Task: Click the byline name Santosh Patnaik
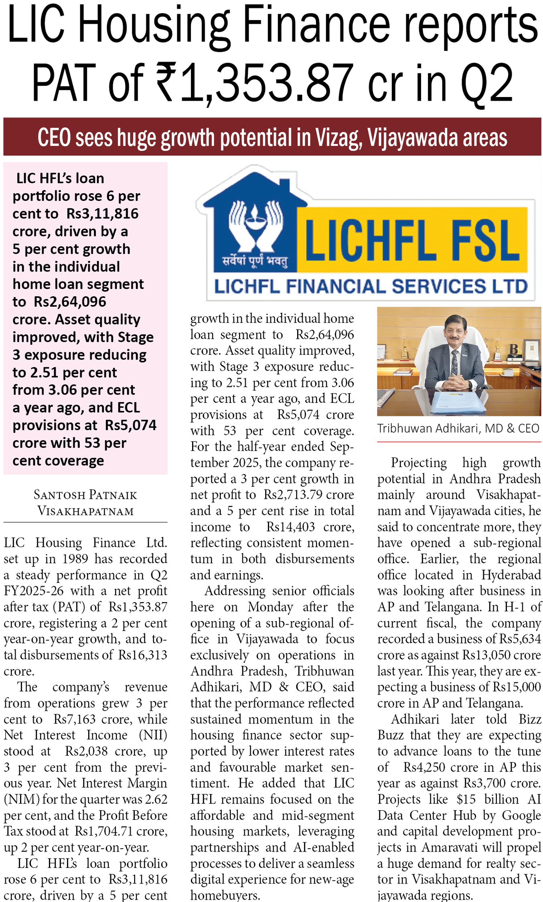click(x=85, y=495)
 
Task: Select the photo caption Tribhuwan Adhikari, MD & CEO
click(x=458, y=429)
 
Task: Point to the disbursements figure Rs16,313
click(x=143, y=655)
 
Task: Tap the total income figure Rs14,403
click(x=291, y=527)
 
